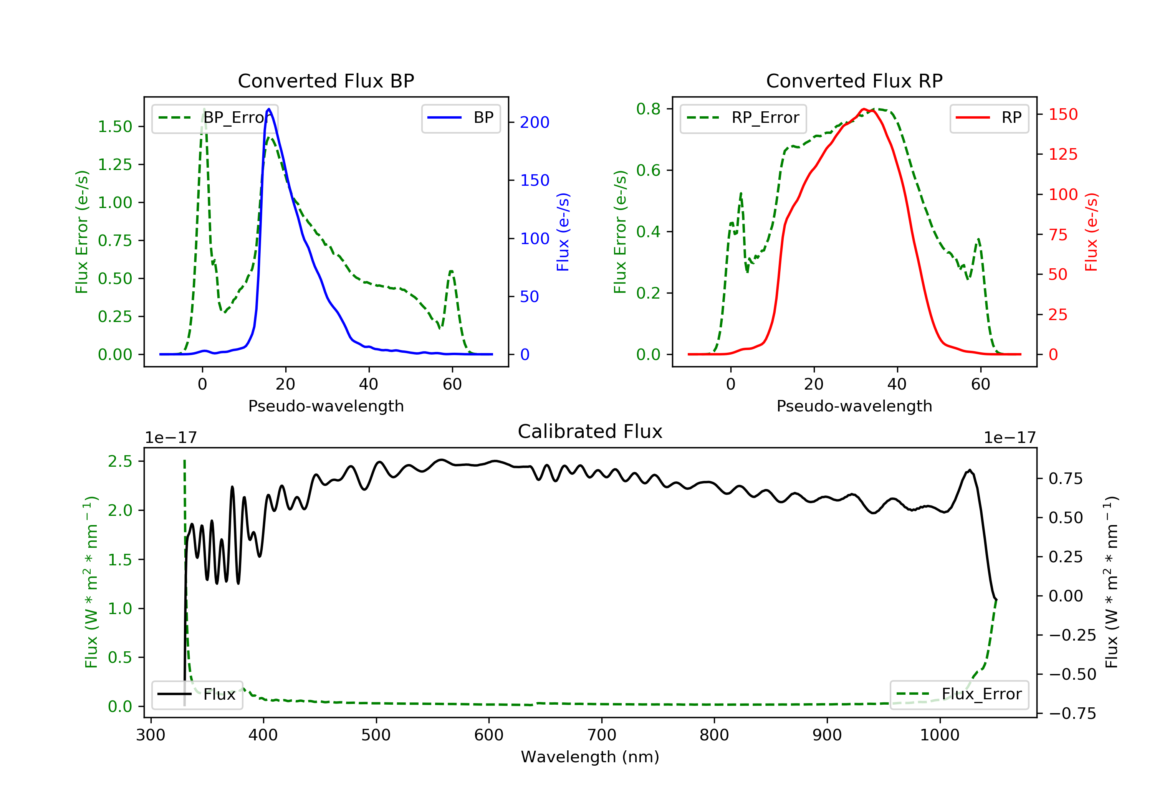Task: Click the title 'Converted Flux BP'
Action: pyautogui.click(x=326, y=81)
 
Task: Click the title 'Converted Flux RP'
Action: pyautogui.click(x=854, y=81)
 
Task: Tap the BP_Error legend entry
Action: pyautogui.click(x=214, y=118)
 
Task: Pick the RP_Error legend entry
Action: pyautogui.click(x=743, y=118)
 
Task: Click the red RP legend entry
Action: pyautogui.click(x=989, y=118)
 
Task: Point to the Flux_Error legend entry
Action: pyautogui.click(x=959, y=694)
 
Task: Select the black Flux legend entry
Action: pyautogui.click(x=197, y=694)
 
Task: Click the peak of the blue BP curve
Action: pyautogui.click(x=269, y=109)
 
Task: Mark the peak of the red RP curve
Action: pyautogui.click(x=864, y=109)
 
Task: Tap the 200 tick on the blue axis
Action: pyautogui.click(x=535, y=122)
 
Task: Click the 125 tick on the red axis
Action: pyautogui.click(x=1063, y=154)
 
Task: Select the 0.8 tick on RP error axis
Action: pyautogui.click(x=648, y=109)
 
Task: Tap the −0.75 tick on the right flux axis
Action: pyautogui.click(x=1072, y=713)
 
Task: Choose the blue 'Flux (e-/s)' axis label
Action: pyautogui.click(x=563, y=232)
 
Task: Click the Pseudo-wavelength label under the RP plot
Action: pyautogui.click(x=854, y=406)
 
